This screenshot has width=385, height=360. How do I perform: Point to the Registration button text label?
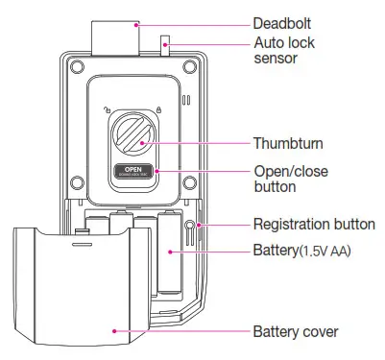(x=313, y=225)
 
